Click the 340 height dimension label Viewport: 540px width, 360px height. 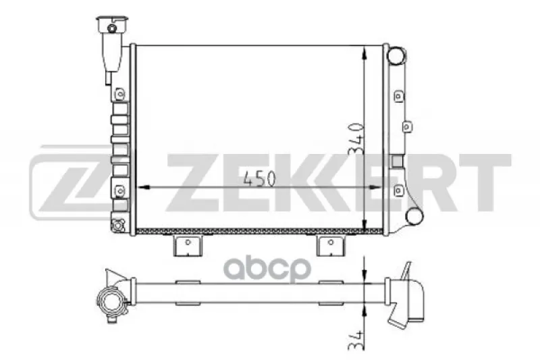pyautogui.click(x=356, y=139)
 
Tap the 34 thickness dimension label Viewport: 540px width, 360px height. pyautogui.click(x=356, y=340)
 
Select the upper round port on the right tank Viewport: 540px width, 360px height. pyautogui.click(x=396, y=55)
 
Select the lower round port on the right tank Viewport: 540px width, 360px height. pyautogui.click(x=414, y=216)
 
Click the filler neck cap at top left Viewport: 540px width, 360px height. pyautogui.click(x=112, y=25)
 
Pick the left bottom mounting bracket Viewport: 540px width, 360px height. pyautogui.click(x=188, y=246)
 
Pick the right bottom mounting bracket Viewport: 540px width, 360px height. pyautogui.click(x=331, y=246)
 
